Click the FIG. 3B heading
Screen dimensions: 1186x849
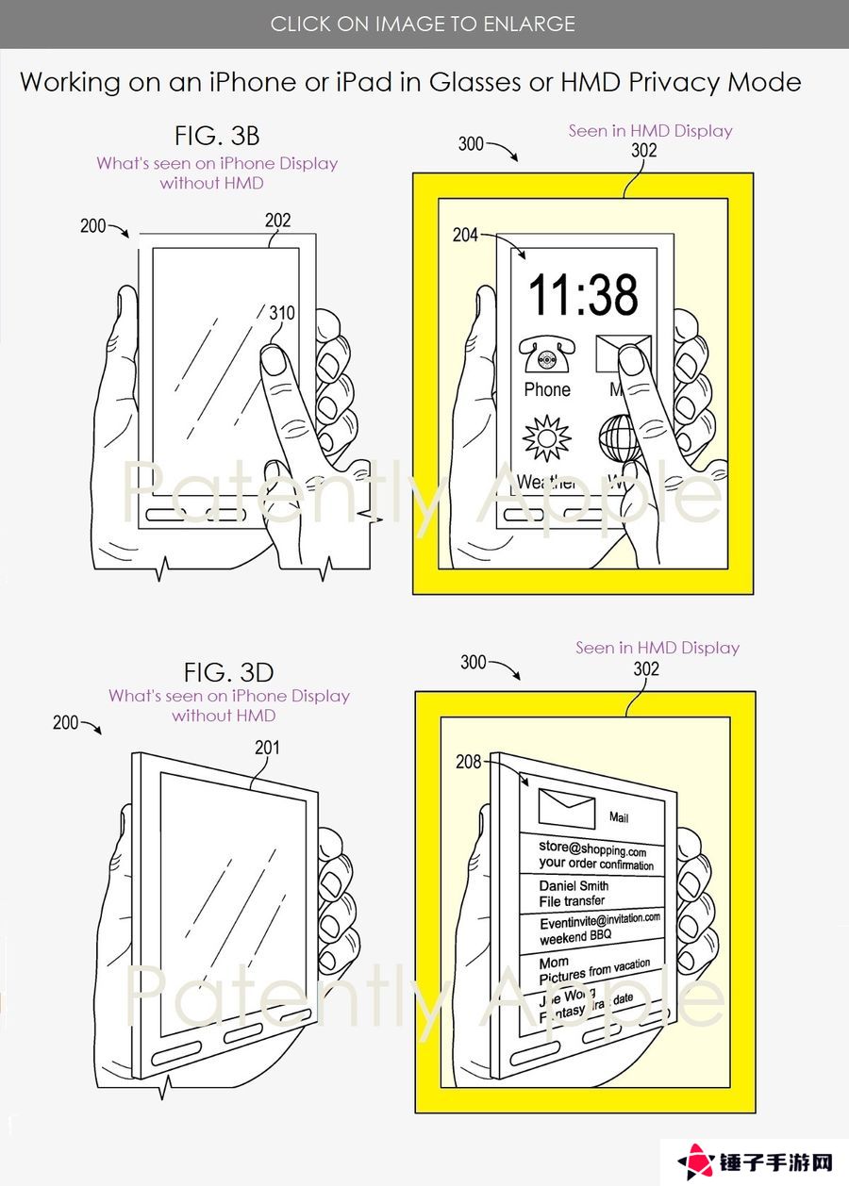click(216, 135)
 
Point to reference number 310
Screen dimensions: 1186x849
click(281, 312)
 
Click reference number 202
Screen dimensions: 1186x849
click(277, 221)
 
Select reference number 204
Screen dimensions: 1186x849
click(466, 235)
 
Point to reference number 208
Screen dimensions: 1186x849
click(469, 761)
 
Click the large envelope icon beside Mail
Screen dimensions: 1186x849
click(566, 808)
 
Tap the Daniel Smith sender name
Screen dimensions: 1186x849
click(574, 886)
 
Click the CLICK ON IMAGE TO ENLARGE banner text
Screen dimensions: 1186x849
click(423, 24)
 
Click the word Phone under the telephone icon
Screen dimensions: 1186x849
click(547, 389)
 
